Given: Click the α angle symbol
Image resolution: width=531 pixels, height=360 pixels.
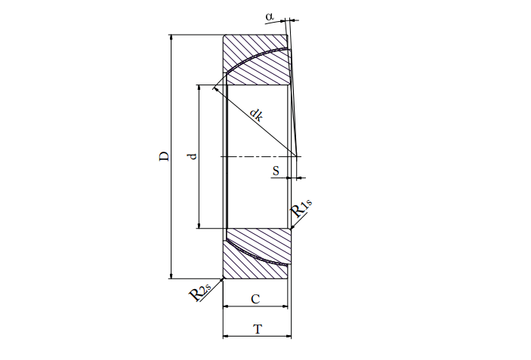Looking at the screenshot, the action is pos(270,17).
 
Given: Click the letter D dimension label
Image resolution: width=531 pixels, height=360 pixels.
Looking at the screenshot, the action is pos(164,156).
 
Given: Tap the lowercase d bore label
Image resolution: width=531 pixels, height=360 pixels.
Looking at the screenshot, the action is pos(193,156).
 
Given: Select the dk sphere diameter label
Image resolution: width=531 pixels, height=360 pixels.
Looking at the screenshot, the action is pos(256,115).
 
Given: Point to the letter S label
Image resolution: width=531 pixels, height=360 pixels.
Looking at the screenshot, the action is pos(276,171).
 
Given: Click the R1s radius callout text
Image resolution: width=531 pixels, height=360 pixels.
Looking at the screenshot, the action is pos(301,208).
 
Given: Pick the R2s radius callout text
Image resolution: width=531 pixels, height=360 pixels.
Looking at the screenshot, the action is pos(199,292).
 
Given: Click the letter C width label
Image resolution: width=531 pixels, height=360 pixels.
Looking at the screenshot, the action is pos(255,299).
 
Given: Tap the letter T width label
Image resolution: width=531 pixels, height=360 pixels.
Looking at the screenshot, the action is pos(258,329).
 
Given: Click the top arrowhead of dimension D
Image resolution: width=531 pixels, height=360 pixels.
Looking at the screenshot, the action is pos(171,37).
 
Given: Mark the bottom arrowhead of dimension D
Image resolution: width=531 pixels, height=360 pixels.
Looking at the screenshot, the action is pos(171,275).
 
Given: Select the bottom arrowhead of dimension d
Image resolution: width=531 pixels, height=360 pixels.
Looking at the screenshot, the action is pos(199,226).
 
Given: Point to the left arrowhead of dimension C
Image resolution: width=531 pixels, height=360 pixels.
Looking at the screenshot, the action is pos(226,306).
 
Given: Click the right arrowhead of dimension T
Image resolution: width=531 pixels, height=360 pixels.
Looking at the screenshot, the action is pos(289,337).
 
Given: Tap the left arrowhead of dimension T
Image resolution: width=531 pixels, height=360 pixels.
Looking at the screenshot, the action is pos(226,337).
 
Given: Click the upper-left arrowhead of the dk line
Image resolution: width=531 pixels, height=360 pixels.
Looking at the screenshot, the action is pos(215,89).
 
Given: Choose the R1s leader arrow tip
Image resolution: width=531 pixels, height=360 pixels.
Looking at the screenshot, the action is pos(292,229).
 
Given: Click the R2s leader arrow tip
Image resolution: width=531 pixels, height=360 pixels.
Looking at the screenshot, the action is pos(223,278).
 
